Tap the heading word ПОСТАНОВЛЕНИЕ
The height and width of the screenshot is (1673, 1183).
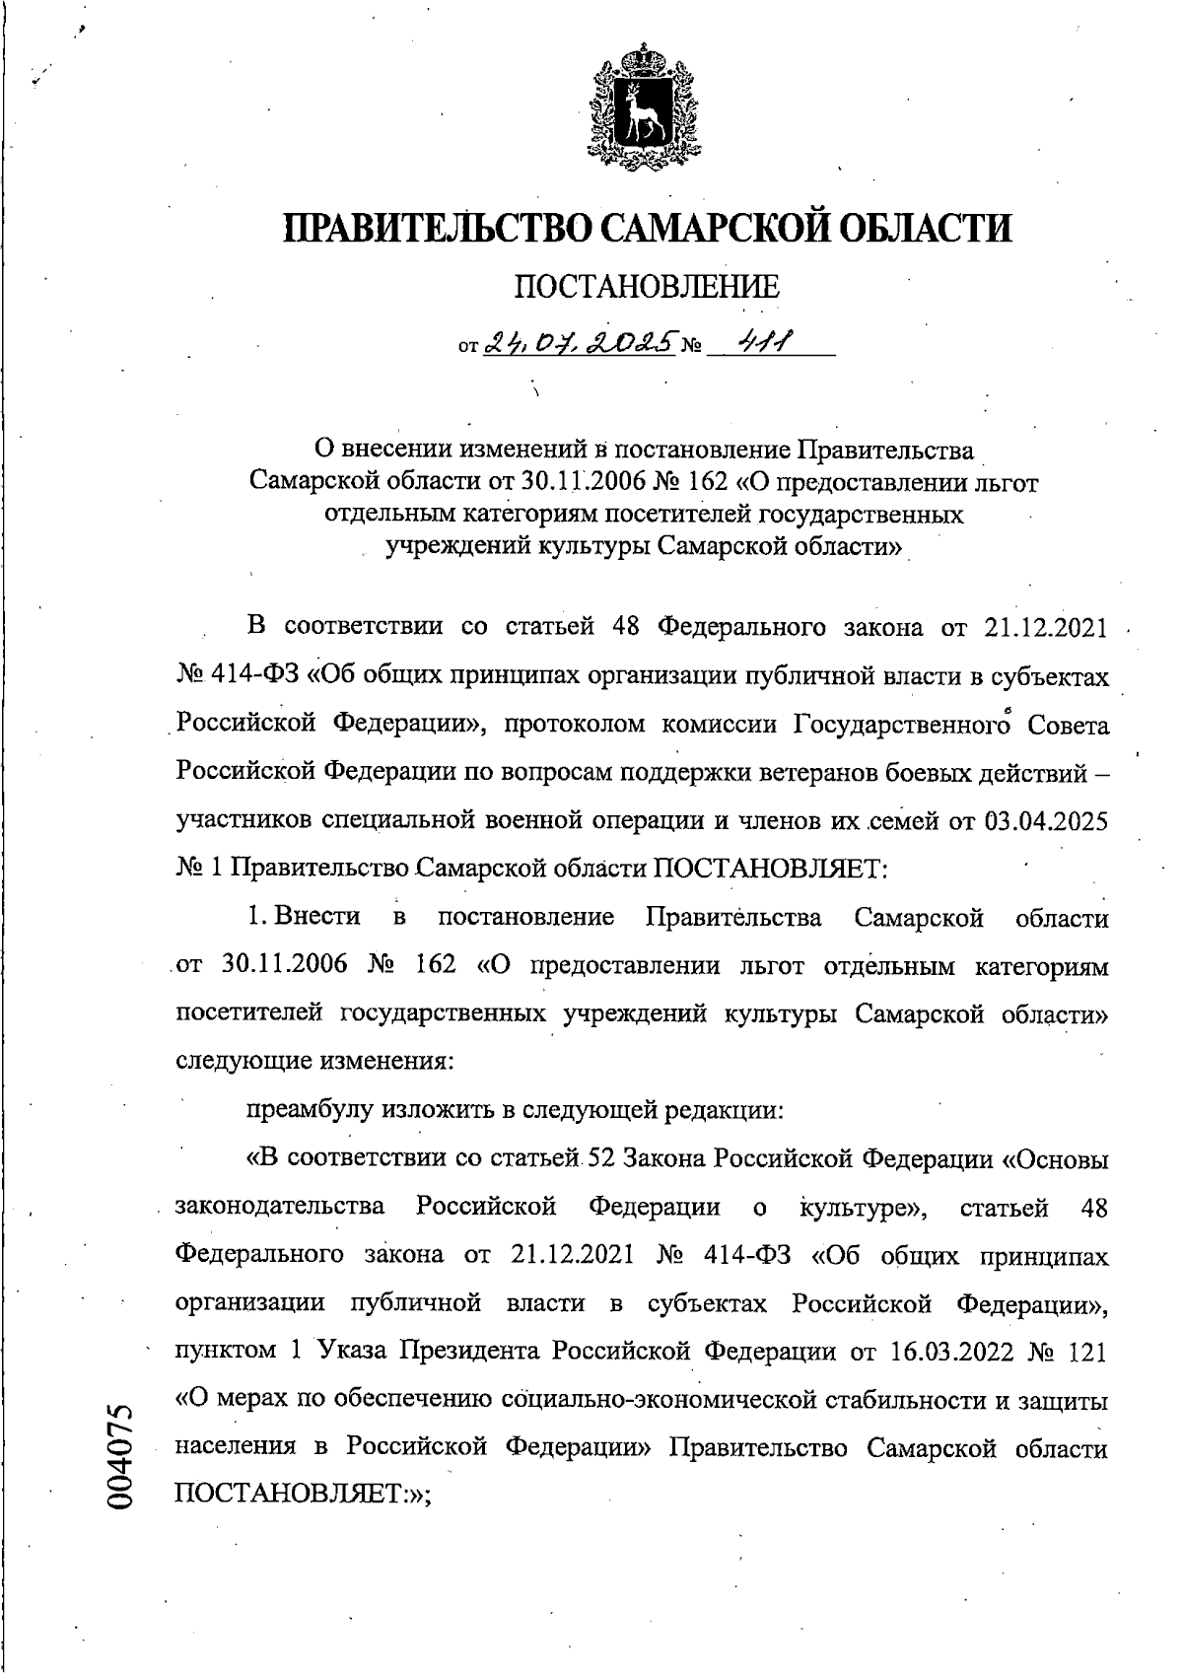(x=648, y=288)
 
